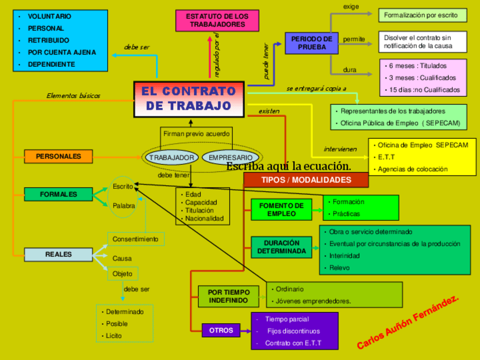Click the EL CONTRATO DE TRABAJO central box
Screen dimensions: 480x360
[190, 99]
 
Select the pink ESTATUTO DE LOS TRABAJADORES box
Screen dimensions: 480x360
[217, 20]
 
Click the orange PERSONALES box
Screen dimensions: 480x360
[58, 156]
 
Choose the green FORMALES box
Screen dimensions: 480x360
[58, 194]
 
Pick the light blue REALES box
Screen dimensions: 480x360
[58, 255]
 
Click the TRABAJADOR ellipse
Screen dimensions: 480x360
[172, 158]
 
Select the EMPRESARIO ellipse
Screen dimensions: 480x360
[230, 158]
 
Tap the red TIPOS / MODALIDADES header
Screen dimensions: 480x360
[306, 180]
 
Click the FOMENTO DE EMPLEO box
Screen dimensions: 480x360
[281, 210]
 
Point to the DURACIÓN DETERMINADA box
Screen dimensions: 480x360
[281, 247]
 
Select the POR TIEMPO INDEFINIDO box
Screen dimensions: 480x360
[228, 296]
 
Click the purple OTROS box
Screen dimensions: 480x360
[221, 331]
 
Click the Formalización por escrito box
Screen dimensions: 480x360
[421, 15]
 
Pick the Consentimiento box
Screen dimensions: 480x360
[136, 239]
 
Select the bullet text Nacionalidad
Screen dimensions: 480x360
[204, 218]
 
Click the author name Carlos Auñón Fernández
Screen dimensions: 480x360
[408, 322]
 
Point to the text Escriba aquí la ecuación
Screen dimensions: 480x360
[289, 166]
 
